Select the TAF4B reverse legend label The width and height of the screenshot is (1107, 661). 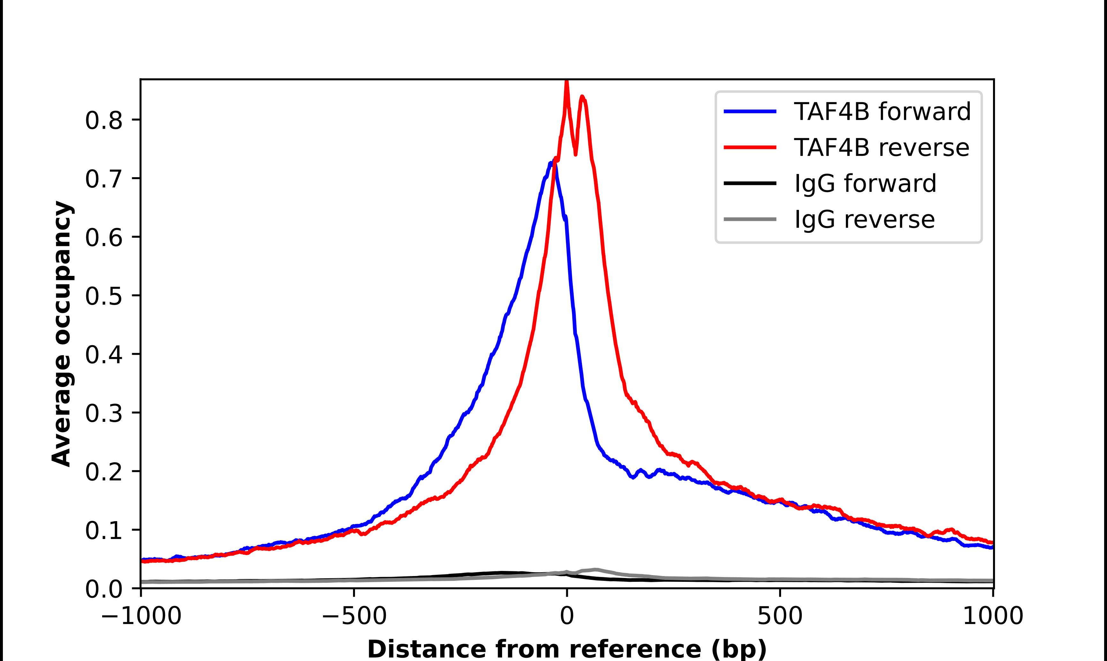(881, 148)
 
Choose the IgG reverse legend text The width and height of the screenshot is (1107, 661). (864, 220)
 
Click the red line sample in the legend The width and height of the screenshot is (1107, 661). (750, 148)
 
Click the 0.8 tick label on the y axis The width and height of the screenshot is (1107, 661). (103, 120)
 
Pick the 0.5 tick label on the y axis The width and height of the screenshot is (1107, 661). (103, 296)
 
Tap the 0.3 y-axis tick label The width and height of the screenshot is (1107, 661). (103, 413)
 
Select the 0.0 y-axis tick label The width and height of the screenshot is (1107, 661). (103, 589)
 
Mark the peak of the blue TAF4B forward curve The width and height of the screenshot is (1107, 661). (551, 163)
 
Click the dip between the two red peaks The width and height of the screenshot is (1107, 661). (576, 154)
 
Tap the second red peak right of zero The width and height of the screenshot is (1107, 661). (582, 97)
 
